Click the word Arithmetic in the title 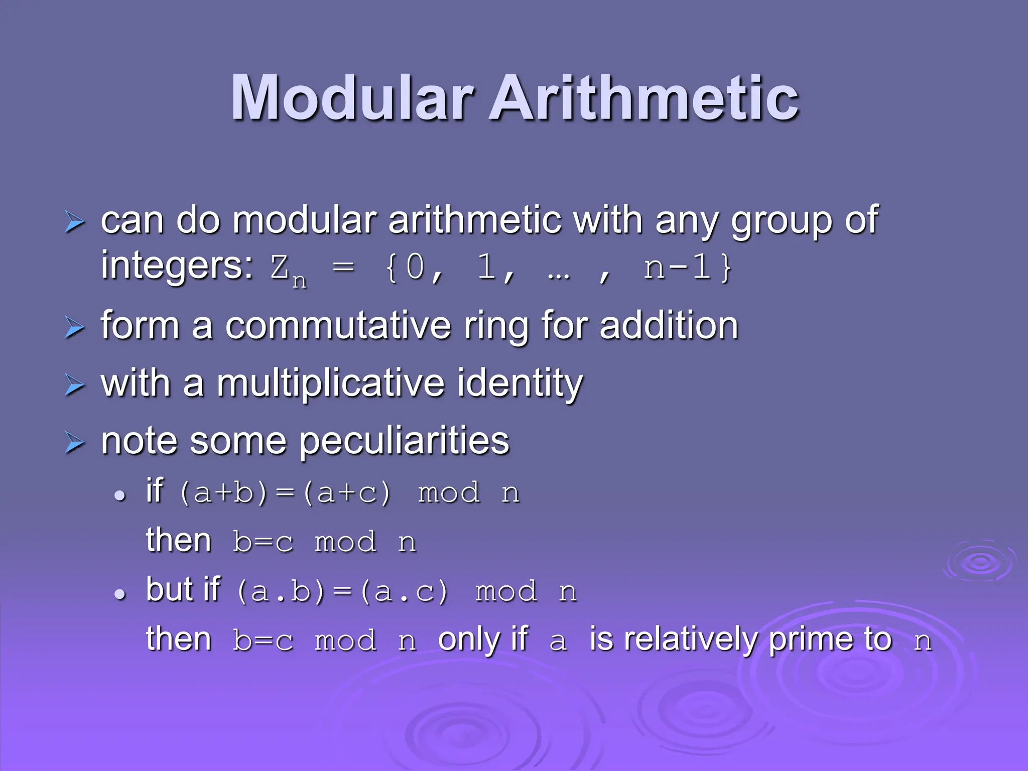pos(644,98)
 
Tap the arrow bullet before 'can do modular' pos(75,222)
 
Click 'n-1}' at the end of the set pos(688,267)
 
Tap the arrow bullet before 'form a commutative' pos(75,328)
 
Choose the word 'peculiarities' pos(405,441)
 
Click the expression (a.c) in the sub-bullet pos(404,592)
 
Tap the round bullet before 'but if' pos(119,594)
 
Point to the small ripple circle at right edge pos(980,562)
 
